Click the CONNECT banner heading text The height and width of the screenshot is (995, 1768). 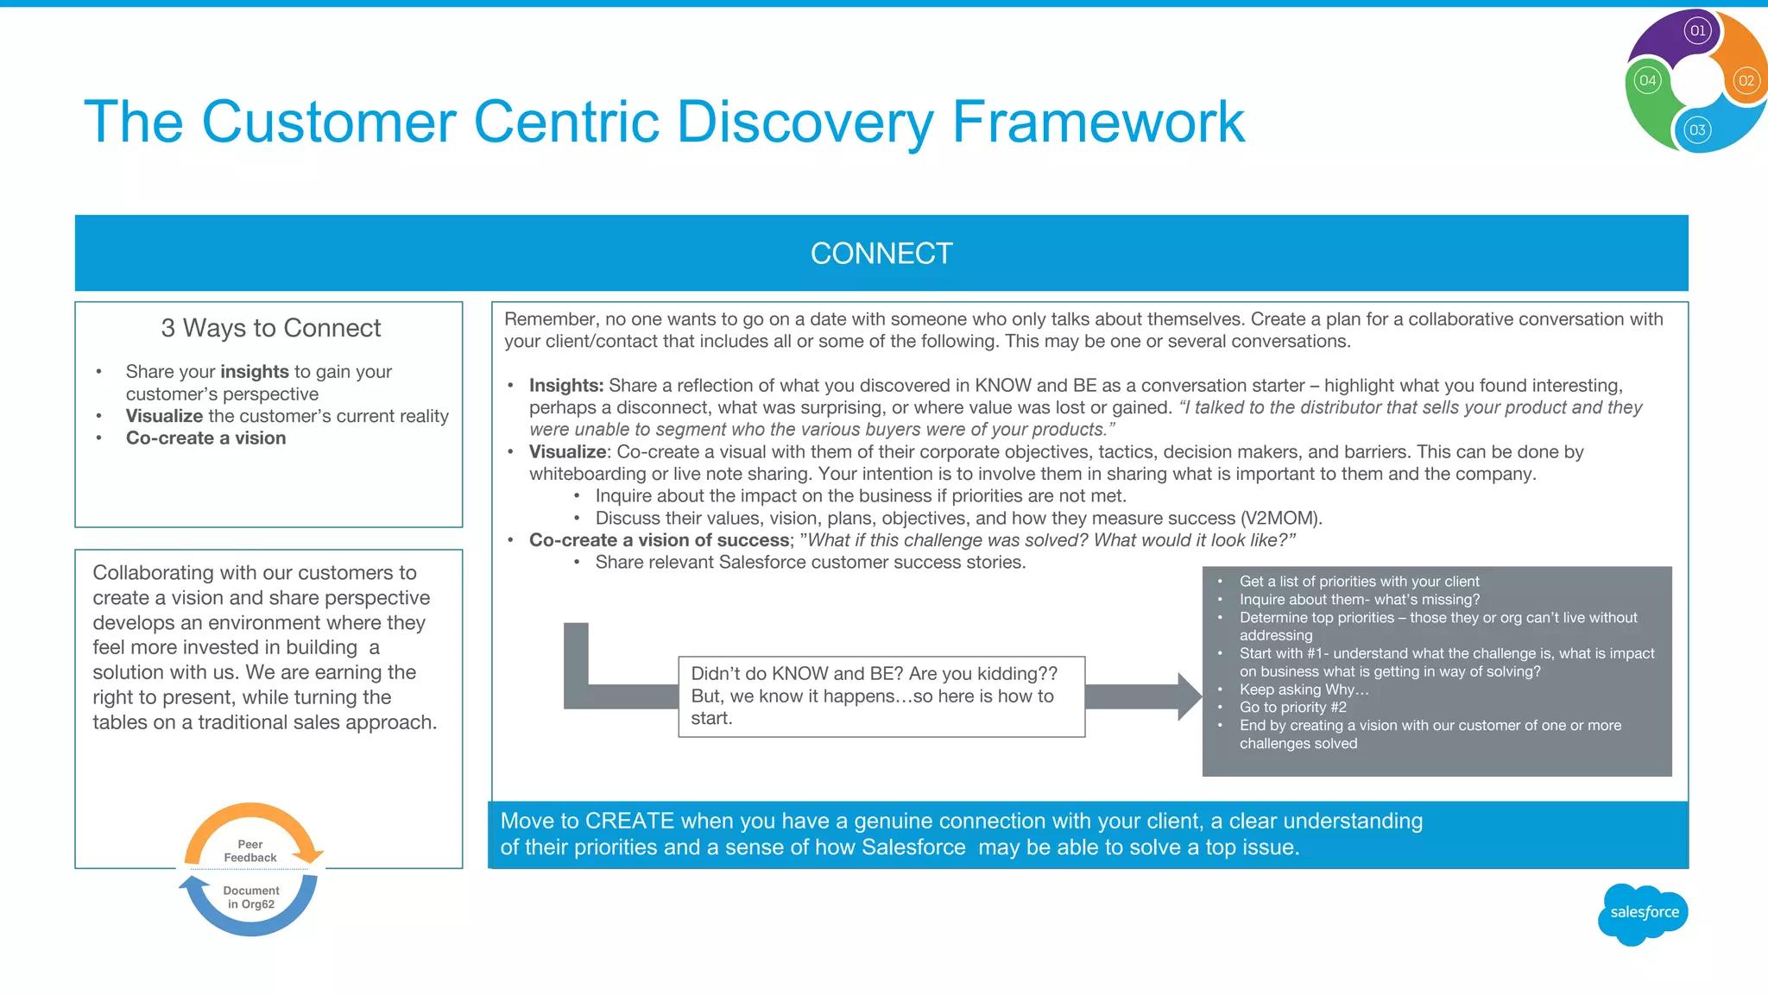pyautogui.click(x=881, y=254)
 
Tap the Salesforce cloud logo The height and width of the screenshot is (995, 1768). pyautogui.click(x=1644, y=913)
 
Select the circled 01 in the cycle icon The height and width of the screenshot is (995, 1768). pyautogui.click(x=1697, y=31)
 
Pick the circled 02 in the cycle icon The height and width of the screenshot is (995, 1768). pyautogui.click(x=1746, y=81)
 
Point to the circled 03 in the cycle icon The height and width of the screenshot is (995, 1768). pyautogui.click(x=1697, y=130)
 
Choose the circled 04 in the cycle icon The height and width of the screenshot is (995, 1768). pyautogui.click(x=1647, y=81)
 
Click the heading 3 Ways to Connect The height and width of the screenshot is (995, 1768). pyautogui.click(x=270, y=328)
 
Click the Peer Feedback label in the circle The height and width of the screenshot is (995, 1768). pyautogui.click(x=250, y=851)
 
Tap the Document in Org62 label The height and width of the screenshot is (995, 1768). pyautogui.click(x=251, y=897)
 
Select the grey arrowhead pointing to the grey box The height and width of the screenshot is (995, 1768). pyautogui.click(x=1189, y=696)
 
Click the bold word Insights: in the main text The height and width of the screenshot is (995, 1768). pyautogui.click(x=566, y=386)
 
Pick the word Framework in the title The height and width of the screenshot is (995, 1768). pyautogui.click(x=1098, y=122)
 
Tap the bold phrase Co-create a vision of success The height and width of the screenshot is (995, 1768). pyautogui.click(x=659, y=540)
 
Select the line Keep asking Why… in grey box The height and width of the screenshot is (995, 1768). pyautogui.click(x=1304, y=690)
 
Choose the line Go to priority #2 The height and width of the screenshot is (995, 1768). pyautogui.click(x=1292, y=708)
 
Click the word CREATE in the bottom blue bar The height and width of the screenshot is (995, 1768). pyautogui.click(x=629, y=821)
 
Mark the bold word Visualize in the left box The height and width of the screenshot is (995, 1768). pyautogui.click(x=164, y=416)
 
